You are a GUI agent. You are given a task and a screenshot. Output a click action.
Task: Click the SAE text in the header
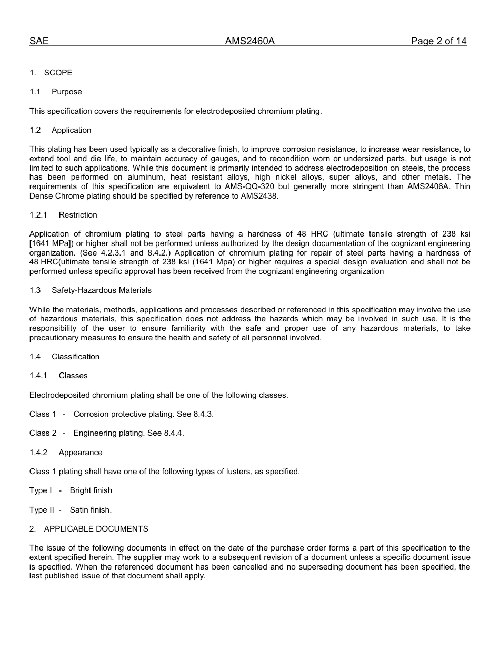point(39,41)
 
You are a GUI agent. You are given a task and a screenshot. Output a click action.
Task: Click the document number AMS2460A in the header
point(249,41)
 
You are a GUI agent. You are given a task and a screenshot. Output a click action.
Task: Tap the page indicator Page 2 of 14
point(438,41)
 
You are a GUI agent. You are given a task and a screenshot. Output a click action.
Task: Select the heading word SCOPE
point(58,73)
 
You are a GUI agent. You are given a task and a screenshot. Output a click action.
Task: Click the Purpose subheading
point(67,92)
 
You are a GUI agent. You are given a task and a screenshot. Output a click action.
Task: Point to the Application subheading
point(71,130)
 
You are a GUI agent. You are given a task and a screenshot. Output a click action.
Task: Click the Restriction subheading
point(78,215)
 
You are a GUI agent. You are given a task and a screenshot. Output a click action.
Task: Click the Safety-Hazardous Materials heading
point(102,290)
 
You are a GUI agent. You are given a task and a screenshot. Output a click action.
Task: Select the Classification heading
point(75,357)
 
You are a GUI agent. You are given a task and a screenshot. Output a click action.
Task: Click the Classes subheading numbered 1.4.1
point(73,376)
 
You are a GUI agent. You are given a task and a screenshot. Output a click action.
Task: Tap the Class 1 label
point(43,414)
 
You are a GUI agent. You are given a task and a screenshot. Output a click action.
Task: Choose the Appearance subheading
point(81,453)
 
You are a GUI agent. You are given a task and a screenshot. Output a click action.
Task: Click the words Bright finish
point(91,490)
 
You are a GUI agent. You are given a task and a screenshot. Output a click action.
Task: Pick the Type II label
point(42,510)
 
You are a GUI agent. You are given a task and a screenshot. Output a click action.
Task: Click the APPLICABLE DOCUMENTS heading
point(96,529)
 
